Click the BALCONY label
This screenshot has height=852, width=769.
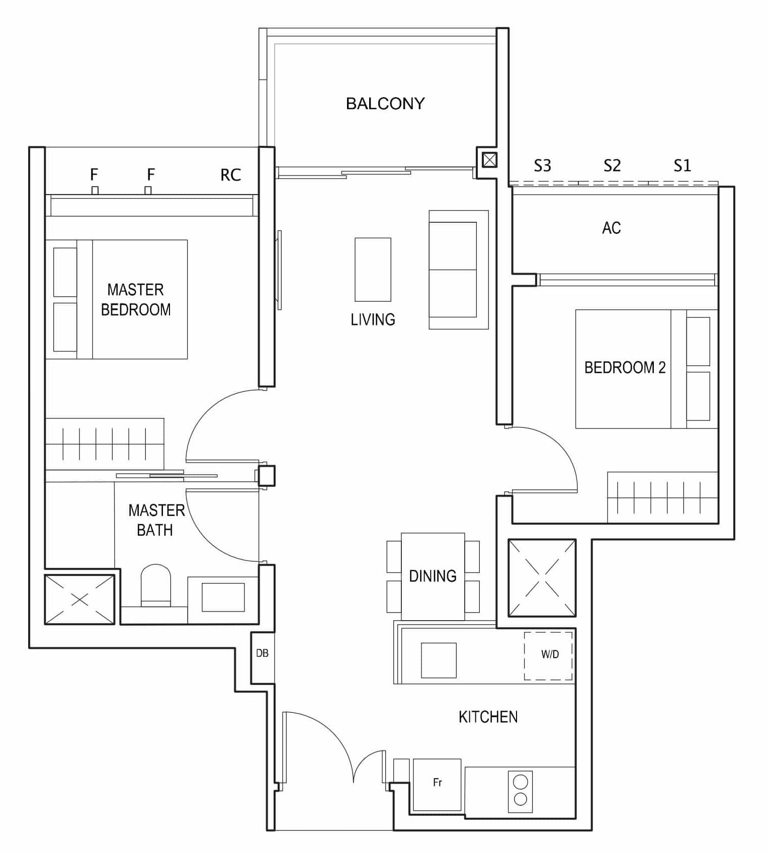click(385, 104)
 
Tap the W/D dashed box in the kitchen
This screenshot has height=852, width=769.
click(549, 655)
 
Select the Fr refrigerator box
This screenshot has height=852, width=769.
click(437, 785)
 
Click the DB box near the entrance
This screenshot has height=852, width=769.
click(262, 653)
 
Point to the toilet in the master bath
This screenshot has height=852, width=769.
click(156, 585)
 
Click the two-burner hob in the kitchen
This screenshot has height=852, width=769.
click(520, 790)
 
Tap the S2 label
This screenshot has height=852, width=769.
click(612, 165)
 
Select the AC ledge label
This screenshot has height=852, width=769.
click(611, 228)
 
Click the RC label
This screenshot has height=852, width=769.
click(230, 175)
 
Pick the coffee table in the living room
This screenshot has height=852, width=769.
click(373, 270)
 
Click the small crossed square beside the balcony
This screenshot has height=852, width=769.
click(489, 160)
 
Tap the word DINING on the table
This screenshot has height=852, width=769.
click(433, 576)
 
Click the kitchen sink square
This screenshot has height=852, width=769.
click(439, 660)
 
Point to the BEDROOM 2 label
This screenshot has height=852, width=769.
click(625, 368)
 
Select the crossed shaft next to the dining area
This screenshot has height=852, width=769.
click(542, 578)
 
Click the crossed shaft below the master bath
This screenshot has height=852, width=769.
click(79, 600)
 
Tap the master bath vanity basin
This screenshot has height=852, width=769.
click(223, 598)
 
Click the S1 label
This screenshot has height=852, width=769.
click(682, 165)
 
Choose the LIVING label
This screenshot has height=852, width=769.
click(373, 319)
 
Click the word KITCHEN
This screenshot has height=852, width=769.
click(488, 717)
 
